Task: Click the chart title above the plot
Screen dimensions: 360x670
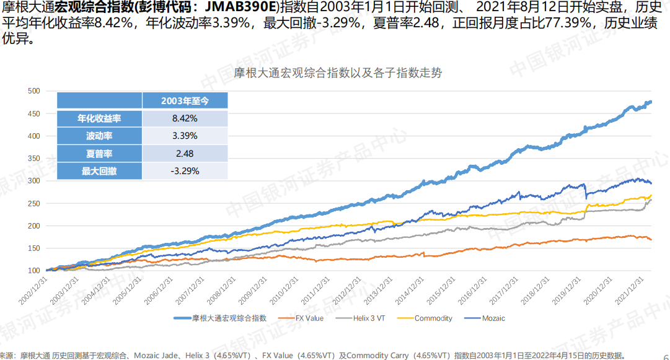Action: (x=338, y=72)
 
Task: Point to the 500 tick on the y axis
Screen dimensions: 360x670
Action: (x=34, y=91)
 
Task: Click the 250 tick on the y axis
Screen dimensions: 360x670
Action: (x=34, y=203)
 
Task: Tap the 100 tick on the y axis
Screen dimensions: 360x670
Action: (x=34, y=271)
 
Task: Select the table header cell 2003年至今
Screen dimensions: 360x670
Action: (x=185, y=100)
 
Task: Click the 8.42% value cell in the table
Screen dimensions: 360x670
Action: (x=185, y=118)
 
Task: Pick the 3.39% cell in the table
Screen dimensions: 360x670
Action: (x=185, y=136)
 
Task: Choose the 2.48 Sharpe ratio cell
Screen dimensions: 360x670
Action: (x=185, y=154)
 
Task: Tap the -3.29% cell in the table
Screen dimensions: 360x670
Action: (x=185, y=171)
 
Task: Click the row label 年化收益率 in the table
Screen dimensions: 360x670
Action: (x=99, y=118)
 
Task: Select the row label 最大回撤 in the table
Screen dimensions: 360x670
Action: (x=99, y=171)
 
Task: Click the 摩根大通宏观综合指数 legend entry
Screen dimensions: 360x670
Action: (x=229, y=318)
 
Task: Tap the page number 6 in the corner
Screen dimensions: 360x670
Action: (x=665, y=356)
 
